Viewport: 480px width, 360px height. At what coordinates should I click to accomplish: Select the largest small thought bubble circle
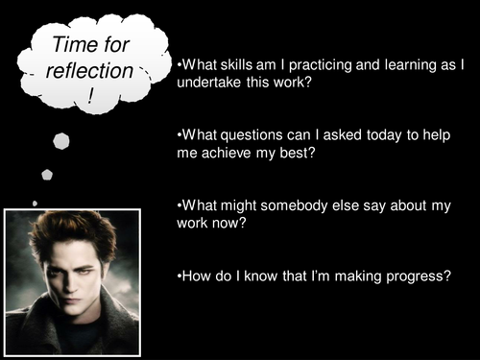[x=61, y=141]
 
